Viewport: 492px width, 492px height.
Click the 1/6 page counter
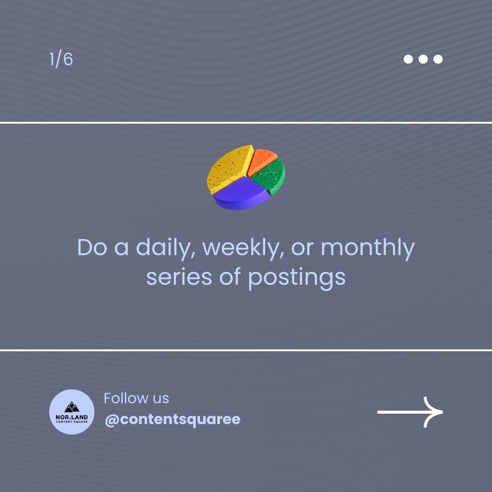tap(61, 60)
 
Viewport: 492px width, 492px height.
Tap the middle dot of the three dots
tap(423, 59)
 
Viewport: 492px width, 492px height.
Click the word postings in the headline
tap(297, 277)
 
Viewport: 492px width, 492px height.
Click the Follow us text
tap(136, 398)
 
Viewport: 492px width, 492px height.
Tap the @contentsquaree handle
tap(172, 420)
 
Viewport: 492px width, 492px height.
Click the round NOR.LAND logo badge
tap(72, 412)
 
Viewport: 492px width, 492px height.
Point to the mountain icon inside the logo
tap(72, 406)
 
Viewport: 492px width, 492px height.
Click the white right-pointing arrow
tap(410, 412)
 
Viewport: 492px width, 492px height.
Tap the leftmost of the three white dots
tap(408, 59)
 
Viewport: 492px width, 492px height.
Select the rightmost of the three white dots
tap(438, 59)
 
